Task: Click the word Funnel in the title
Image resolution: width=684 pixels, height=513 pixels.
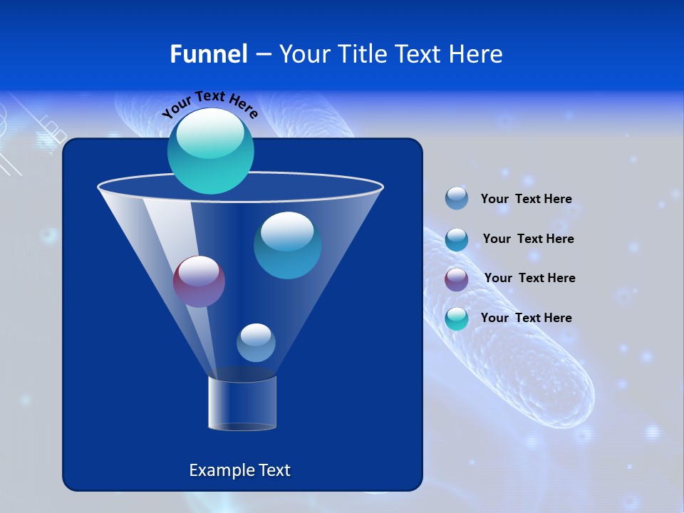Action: pos(209,54)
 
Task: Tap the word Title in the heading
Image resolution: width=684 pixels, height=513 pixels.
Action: pos(362,54)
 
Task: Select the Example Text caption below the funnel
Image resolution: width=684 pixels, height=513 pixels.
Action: pos(239,470)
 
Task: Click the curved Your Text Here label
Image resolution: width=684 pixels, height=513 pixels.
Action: pos(209,103)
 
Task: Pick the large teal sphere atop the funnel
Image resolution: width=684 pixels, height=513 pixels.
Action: pos(211,151)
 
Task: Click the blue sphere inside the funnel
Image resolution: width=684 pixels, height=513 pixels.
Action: pos(287,245)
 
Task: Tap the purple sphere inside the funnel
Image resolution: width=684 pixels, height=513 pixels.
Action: pos(199,281)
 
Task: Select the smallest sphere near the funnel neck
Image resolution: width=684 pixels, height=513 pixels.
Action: pos(256,343)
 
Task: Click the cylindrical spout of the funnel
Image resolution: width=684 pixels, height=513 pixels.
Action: pos(242,403)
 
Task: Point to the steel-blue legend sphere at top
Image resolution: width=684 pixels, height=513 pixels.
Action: pos(457,198)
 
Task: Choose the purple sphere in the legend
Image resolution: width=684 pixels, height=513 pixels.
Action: pos(457,279)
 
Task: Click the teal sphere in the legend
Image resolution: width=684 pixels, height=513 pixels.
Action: pos(457,318)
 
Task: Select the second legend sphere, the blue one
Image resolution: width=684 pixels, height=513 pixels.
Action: pos(457,239)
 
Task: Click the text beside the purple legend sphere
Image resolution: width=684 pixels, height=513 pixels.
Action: pos(529,278)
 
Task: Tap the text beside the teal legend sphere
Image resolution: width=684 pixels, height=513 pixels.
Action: pos(526,318)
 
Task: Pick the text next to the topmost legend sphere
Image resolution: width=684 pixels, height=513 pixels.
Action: pos(526,199)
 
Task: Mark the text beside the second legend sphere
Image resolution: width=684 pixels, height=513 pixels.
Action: pos(528,239)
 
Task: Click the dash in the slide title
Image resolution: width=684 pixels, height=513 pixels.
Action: pos(262,54)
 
